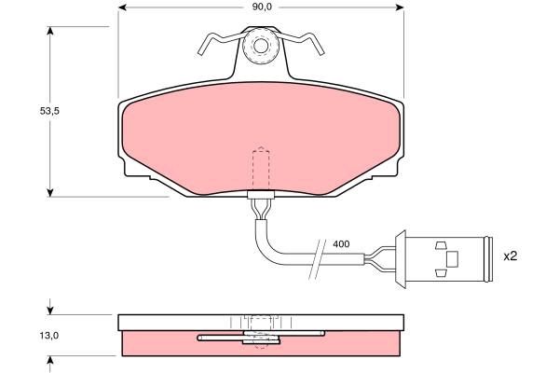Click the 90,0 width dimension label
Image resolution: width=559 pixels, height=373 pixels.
pos(262,7)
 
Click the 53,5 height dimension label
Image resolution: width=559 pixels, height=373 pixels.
pos(49,111)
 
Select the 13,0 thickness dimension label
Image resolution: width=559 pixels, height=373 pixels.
pos(49,336)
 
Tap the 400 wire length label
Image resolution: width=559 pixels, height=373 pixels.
pos(341,244)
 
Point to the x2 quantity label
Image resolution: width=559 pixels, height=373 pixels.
pos(511,256)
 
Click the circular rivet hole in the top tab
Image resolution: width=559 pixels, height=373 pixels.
pos(261,46)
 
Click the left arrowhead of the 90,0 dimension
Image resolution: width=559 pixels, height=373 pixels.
pos(123,7)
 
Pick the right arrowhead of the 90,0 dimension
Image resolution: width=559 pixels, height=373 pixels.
pos(400,7)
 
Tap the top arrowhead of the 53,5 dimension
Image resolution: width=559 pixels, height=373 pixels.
pos(50,31)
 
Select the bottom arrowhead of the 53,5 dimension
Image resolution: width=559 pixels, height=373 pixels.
pos(50,192)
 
